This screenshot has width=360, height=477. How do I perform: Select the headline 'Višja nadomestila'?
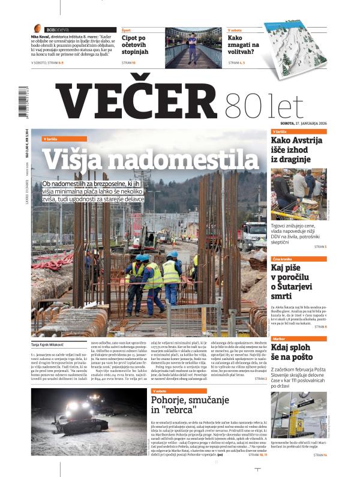(151, 159)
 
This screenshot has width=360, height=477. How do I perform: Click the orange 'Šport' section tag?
(127, 29)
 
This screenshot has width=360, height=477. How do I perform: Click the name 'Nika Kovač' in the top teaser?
(42, 37)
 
